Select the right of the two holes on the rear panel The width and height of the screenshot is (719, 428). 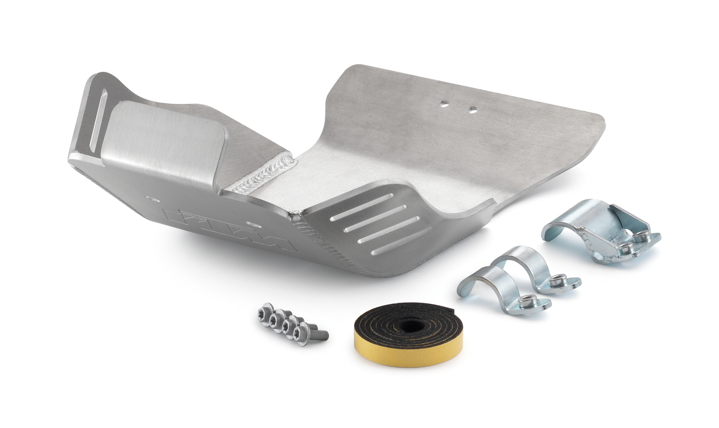pos(473,110)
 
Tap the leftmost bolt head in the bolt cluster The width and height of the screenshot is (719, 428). pos(264,312)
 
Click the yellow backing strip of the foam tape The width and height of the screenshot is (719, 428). pos(383,354)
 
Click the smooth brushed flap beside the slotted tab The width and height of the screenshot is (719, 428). pos(162,141)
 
